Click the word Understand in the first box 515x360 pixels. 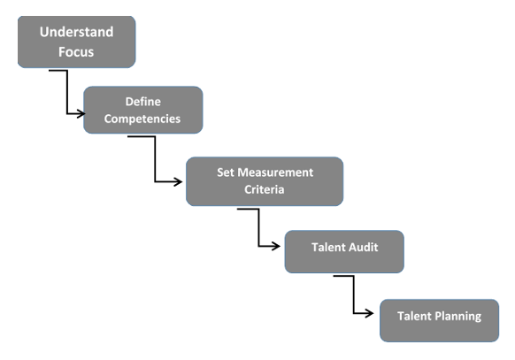click(77, 32)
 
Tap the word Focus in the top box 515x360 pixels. click(77, 51)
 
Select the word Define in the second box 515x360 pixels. click(142, 102)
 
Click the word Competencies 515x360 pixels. click(142, 118)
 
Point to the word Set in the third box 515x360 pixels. click(226, 172)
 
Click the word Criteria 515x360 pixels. click(264, 188)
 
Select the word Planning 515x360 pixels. click(458, 316)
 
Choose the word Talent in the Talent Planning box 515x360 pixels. click(414, 316)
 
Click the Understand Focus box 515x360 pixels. click(77, 42)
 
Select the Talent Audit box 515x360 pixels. click(344, 251)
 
